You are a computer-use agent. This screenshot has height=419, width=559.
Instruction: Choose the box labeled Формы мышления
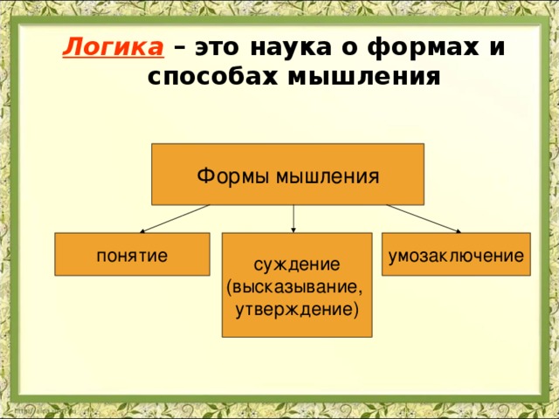pyautogui.click(x=288, y=175)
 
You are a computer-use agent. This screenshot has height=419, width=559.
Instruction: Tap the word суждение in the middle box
pyautogui.click(x=297, y=264)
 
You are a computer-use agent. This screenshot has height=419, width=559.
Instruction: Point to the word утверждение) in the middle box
pyautogui.click(x=297, y=308)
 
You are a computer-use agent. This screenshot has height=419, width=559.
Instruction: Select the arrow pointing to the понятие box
pyautogui.click(x=175, y=218)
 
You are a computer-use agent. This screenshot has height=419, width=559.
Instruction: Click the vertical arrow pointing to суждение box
pyautogui.click(x=293, y=218)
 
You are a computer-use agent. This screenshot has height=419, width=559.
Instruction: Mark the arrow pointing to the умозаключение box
pyautogui.click(x=424, y=218)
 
